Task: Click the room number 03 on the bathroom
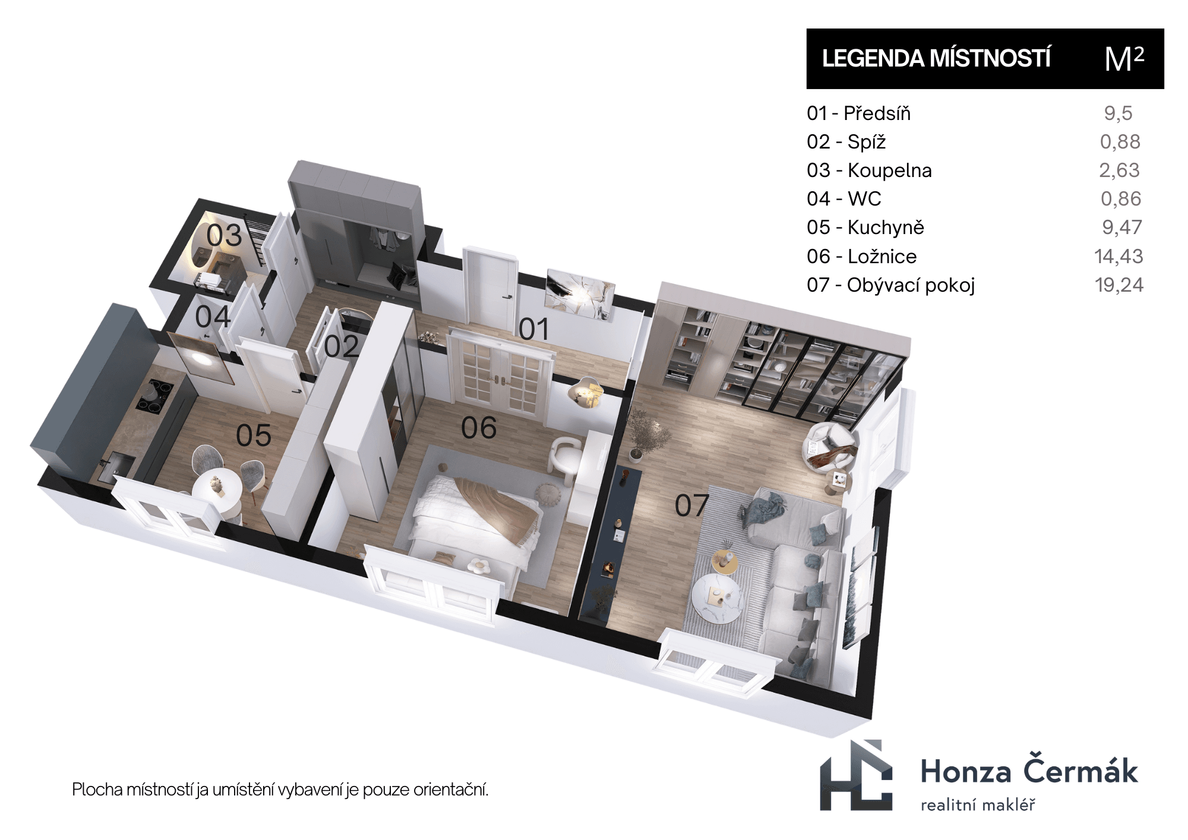[225, 236]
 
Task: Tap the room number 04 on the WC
[213, 317]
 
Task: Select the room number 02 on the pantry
[342, 346]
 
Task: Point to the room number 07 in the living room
[692, 506]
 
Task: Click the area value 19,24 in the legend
[1119, 285]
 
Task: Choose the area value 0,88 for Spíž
[1120, 142]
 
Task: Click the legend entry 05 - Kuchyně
[865, 228]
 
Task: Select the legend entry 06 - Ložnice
[862, 257]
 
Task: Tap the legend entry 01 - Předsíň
[859, 113]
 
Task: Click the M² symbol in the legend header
[1124, 59]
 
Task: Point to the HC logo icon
[856, 775]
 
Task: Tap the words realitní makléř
[978, 805]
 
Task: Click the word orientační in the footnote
[451, 790]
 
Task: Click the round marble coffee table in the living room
[717, 600]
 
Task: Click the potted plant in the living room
[641, 433]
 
